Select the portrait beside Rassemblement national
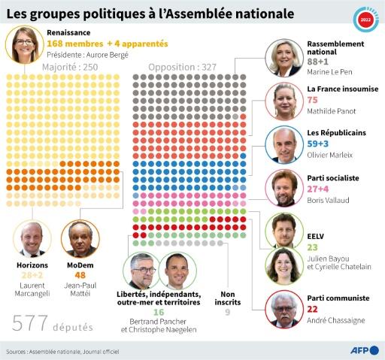285,58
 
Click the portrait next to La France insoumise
285,102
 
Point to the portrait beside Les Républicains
285,145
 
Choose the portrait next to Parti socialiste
285,188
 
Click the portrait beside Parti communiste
285,308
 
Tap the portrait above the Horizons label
32,240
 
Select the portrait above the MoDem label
80,240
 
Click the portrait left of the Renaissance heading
23,44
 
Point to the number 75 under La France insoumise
313,100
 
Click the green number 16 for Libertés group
159,312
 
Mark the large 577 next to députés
30,323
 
